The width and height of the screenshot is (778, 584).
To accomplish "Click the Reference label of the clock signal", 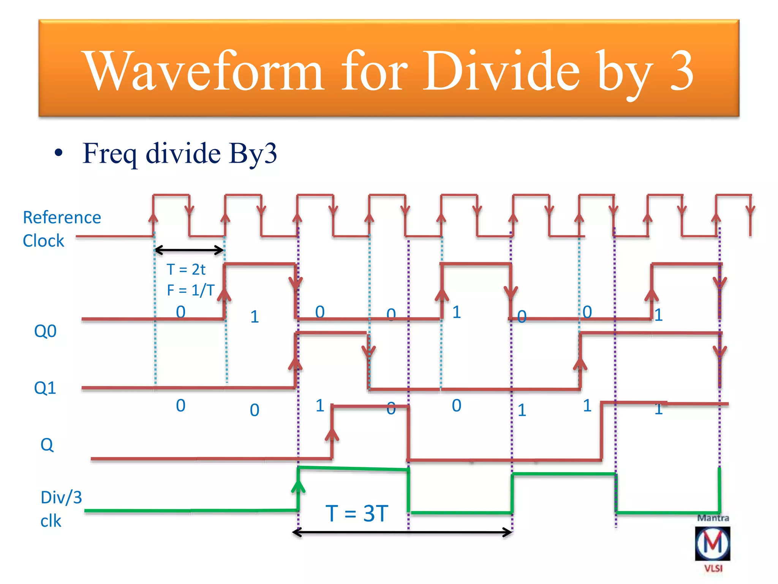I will [x=62, y=217].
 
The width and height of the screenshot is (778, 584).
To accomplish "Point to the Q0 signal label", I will [x=45, y=331].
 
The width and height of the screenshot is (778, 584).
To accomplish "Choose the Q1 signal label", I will [x=45, y=388].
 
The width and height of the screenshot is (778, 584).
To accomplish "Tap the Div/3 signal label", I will [x=61, y=497].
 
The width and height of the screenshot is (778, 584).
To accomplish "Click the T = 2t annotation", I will [x=186, y=270].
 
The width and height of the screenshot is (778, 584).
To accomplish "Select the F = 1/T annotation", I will [x=191, y=290].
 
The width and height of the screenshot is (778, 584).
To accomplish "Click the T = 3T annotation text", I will [x=357, y=513].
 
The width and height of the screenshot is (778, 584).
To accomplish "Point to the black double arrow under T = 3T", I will [x=403, y=532].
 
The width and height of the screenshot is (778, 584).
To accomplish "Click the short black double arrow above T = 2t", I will [x=189, y=250].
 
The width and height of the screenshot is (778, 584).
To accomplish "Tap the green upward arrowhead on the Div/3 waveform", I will [x=299, y=486].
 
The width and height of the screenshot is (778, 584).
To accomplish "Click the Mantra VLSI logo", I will [x=713, y=543].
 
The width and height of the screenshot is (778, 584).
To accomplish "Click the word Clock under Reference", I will [x=43, y=241].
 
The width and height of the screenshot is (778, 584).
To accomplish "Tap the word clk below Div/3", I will [x=51, y=521].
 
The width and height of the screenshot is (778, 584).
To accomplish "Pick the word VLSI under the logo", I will [x=713, y=568].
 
